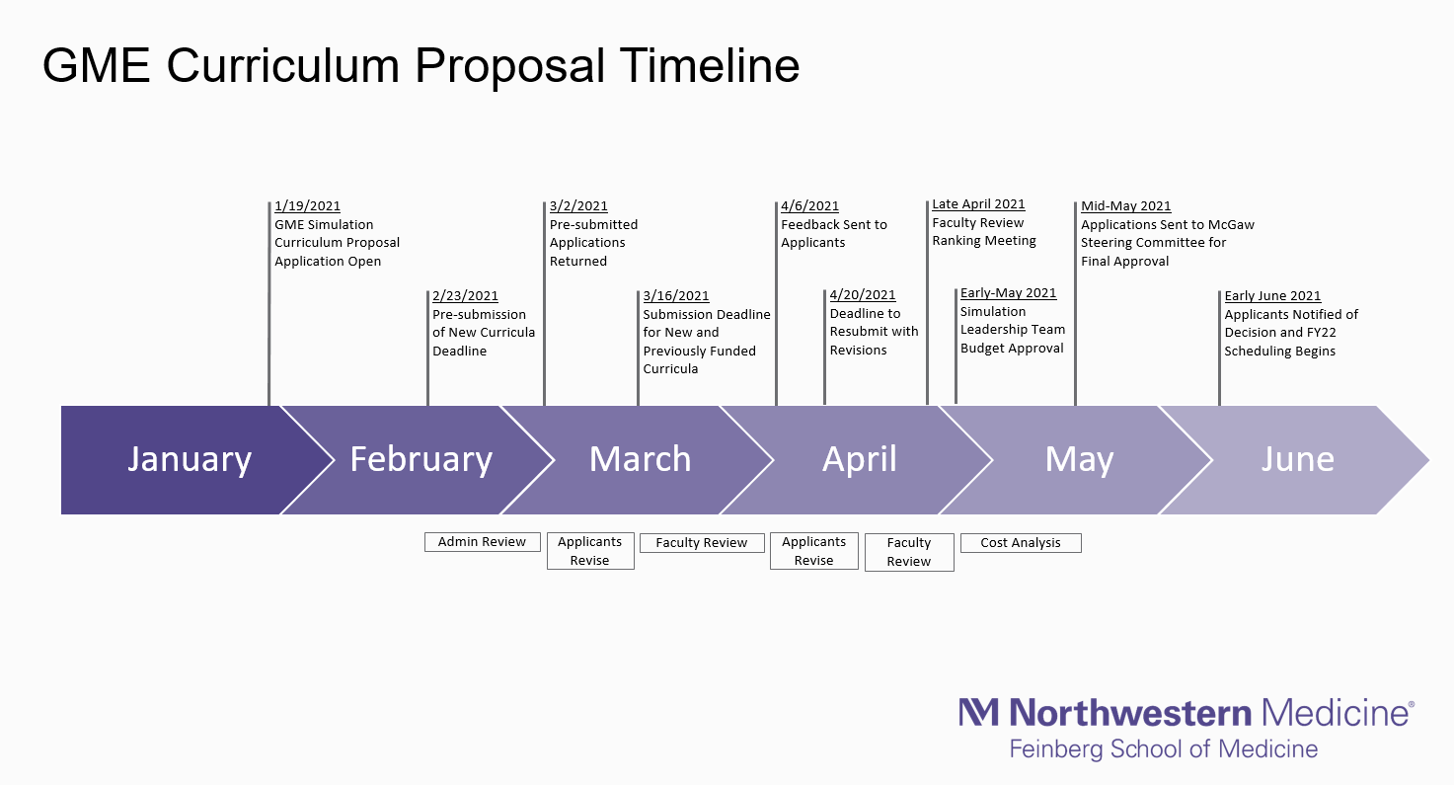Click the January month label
(190, 460)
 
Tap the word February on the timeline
(421, 460)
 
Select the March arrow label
(640, 459)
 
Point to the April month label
(860, 460)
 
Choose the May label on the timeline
(1079, 460)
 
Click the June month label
(1298, 459)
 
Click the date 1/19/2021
(307, 205)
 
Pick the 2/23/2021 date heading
(465, 295)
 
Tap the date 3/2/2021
(578, 205)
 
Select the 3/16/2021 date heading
(676, 295)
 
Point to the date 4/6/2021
(809, 205)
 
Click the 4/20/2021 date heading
(863, 295)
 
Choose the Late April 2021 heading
(978, 203)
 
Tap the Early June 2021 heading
(1272, 295)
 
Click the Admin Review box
(483, 542)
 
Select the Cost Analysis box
(1021, 543)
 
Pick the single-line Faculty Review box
(702, 543)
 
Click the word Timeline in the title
(709, 65)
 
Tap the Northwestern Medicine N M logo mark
(979, 712)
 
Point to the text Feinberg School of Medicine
(1163, 749)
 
